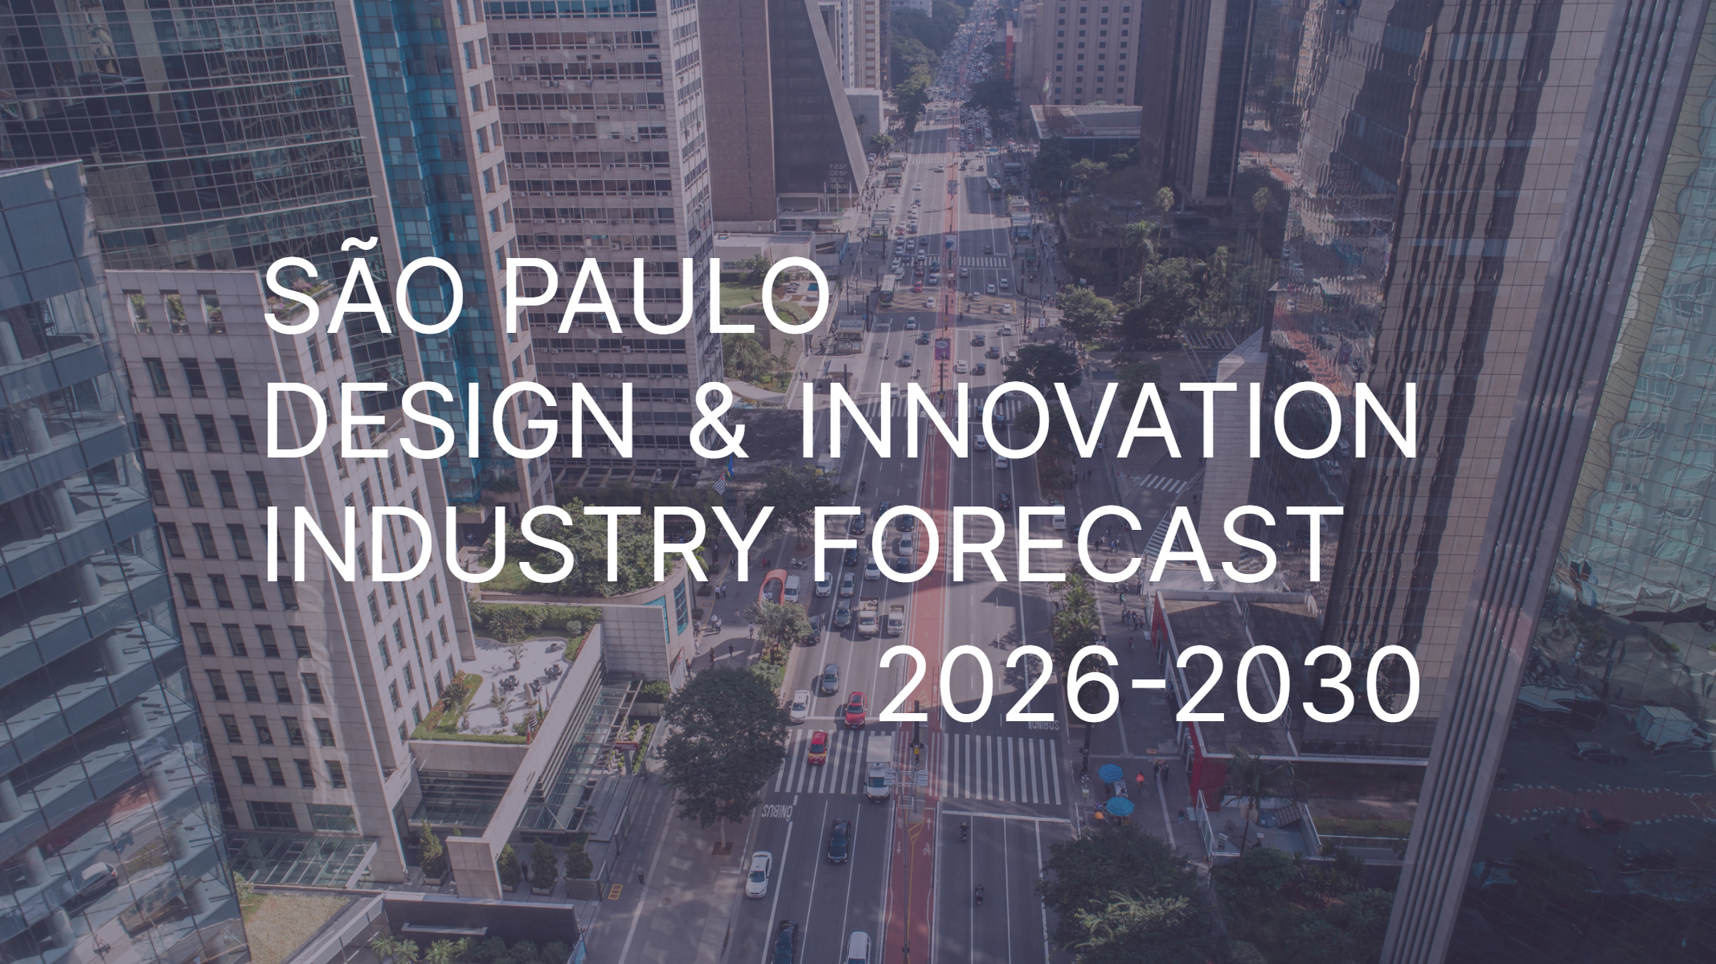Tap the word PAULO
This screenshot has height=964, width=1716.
pyautogui.click(x=665, y=296)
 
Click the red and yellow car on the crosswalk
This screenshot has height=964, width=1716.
pyautogui.click(x=817, y=746)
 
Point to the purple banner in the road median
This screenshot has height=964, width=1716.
pyautogui.click(x=942, y=348)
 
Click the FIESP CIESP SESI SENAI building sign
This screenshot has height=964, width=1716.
pyautogui.click(x=838, y=176)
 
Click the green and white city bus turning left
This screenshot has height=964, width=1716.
pyautogui.click(x=993, y=187)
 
